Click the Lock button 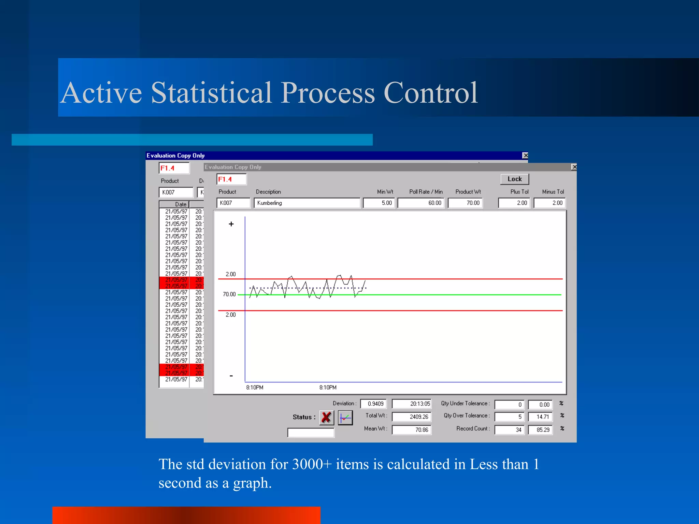(514, 179)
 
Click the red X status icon (326, 417)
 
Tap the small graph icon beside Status (345, 418)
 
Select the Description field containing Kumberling (306, 203)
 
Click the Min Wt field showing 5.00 (379, 203)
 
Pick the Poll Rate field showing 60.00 (420, 203)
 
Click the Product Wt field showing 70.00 (465, 203)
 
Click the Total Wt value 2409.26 (412, 417)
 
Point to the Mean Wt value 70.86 (412, 430)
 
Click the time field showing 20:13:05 (412, 404)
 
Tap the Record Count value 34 (509, 430)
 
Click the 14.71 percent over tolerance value (540, 417)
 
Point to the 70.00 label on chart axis (229, 294)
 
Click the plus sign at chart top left (231, 224)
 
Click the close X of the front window (574, 167)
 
